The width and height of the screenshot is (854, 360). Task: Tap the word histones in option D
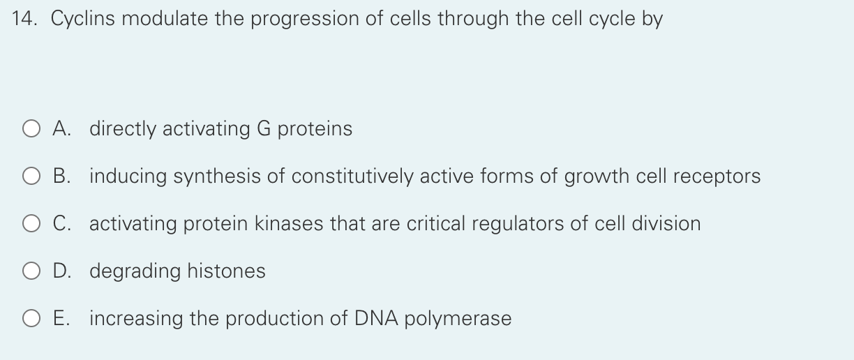[226, 271]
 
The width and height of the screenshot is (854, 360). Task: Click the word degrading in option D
[135, 271]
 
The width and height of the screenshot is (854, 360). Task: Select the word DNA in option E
[377, 319]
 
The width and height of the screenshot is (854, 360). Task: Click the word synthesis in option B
[218, 177]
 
